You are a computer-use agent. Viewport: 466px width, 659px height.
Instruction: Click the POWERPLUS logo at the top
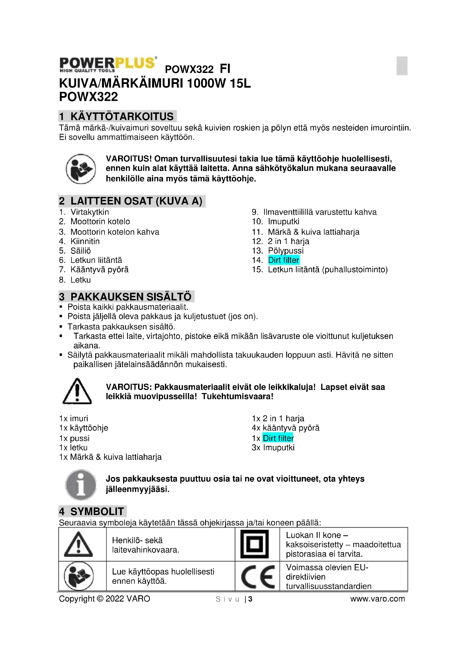pos(108,64)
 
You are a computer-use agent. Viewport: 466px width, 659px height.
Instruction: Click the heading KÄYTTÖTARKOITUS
pos(122,116)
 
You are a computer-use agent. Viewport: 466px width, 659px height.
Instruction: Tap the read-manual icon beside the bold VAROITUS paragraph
pos(81,169)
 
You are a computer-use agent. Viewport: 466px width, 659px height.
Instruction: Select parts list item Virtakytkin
pos(90,212)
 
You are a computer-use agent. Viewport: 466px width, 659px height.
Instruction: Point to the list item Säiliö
pos(81,251)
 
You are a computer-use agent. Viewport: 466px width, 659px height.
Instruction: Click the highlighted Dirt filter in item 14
pos(283,260)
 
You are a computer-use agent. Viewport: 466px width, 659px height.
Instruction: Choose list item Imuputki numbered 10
pos(283,221)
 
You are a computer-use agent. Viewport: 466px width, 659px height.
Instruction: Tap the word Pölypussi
pos(285,250)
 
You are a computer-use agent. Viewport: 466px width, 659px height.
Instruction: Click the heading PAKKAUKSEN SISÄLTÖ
pos(130,296)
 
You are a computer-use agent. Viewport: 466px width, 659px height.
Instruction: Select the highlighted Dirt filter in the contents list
pos(278,438)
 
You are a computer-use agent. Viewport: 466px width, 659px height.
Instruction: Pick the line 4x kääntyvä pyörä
pos(285,428)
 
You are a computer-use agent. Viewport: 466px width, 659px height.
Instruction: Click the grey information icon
pos(81,485)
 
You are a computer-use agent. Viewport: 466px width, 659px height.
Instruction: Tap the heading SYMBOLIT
pos(97,511)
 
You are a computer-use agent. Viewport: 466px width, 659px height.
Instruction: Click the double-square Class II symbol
pos(254,544)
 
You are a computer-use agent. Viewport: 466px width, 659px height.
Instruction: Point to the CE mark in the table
pos(258,577)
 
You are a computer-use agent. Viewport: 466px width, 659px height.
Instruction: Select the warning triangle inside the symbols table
pos(78,545)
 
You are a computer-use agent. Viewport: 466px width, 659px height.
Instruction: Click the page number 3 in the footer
pos(250,599)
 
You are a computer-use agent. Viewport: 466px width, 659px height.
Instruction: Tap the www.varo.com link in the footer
pos(377,599)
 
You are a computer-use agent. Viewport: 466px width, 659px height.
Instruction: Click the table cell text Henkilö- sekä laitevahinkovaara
pos(145,545)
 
